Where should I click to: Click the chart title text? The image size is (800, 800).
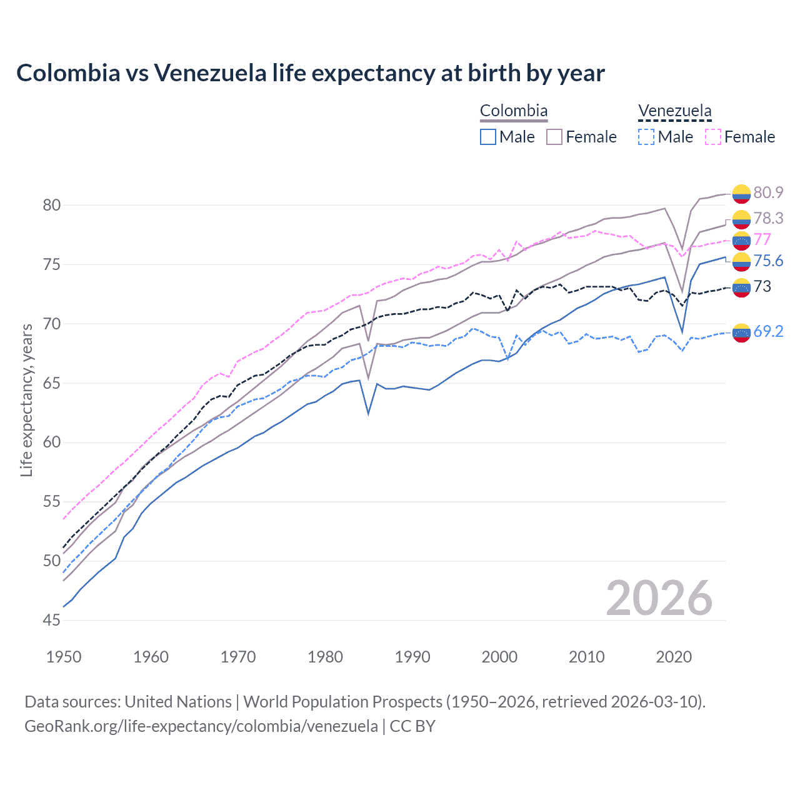coord(310,73)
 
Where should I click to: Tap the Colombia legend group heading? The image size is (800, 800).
coord(514,111)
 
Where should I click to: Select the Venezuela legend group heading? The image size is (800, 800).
coord(674,111)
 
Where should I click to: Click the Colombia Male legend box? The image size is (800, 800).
coord(488,137)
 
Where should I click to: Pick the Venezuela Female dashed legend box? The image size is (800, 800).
coord(713,137)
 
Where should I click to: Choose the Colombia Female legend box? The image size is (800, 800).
coord(554,137)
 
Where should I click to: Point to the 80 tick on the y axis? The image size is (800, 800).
coord(52,205)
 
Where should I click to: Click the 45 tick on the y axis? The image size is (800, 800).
coord(52,620)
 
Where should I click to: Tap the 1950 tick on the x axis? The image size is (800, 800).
coord(64,657)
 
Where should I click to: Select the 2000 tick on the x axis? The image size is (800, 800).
coord(499,657)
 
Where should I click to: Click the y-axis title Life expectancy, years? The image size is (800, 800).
coord(27,400)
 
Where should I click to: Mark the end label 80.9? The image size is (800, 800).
coord(768,192)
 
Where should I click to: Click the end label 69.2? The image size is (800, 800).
coord(768,331)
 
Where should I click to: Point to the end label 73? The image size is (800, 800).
coord(762,286)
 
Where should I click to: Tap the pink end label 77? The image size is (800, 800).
coord(762,239)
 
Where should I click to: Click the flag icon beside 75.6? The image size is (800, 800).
coord(741,261)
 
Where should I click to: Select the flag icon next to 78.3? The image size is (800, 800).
coord(741,219)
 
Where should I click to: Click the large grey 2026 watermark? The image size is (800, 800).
coord(659,598)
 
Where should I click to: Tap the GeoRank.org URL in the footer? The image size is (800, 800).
coord(201,726)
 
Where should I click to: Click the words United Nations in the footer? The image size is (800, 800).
coord(178,702)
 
